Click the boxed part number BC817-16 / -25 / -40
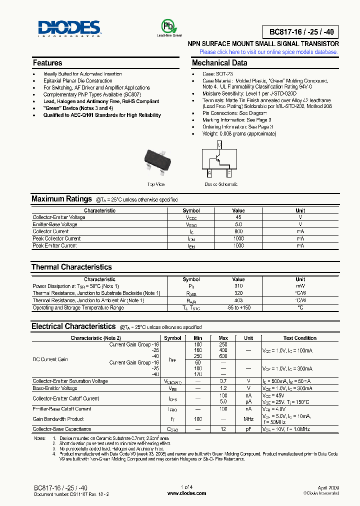(x=300, y=32)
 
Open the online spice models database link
(x=268, y=52)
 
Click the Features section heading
(x=47, y=63)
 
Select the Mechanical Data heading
(x=219, y=63)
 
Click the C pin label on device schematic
(x=219, y=144)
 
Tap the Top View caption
(x=156, y=184)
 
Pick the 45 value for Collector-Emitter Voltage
(x=238, y=217)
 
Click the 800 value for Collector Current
(x=238, y=231)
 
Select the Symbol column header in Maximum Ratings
(x=191, y=210)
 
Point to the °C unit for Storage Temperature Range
(x=300, y=307)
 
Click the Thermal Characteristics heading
(x=71, y=267)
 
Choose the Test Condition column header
(x=299, y=338)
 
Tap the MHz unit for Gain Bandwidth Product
(x=248, y=419)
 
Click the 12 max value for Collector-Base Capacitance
(x=223, y=429)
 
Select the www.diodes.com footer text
(x=186, y=493)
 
